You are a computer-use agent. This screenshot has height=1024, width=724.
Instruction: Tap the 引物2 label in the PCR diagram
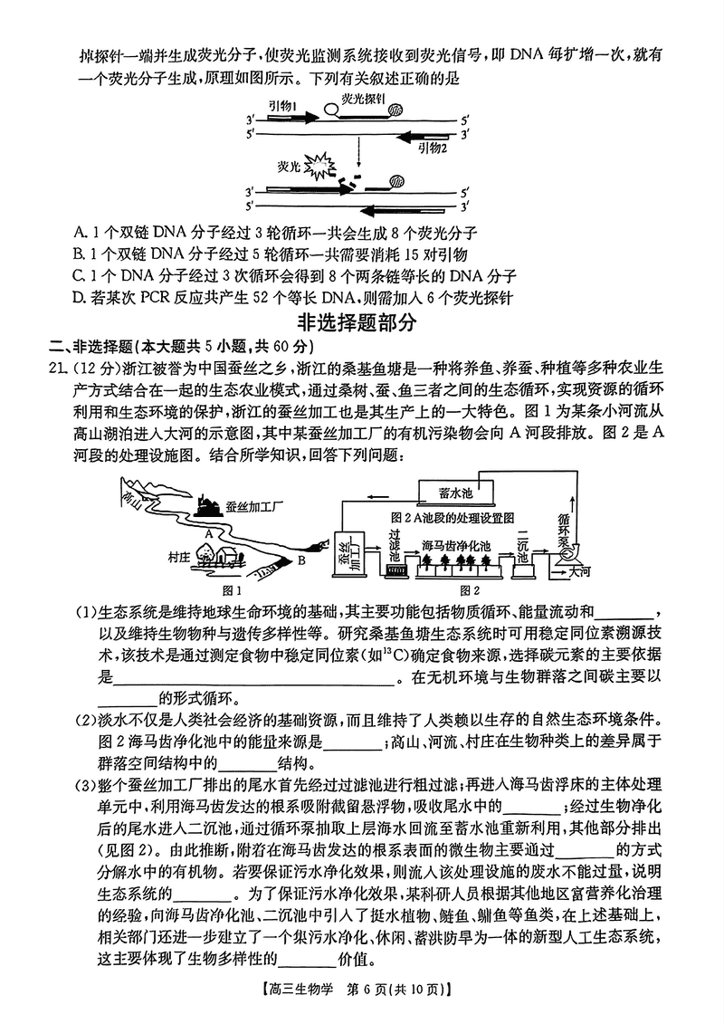(x=432, y=148)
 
